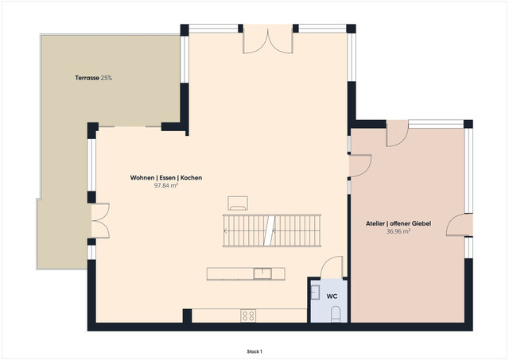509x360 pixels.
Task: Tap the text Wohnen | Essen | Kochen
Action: pos(166,178)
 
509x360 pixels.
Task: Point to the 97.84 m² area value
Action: pos(166,186)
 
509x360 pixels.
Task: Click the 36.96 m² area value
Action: pos(398,232)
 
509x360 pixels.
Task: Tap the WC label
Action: pos(332,296)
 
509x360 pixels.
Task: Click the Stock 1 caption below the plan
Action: pos(254,350)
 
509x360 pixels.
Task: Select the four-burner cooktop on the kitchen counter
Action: pos(248,315)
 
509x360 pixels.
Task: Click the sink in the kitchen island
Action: pos(262,274)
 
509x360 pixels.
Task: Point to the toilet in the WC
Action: pos(335,315)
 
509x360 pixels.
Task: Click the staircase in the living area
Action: pos(271,230)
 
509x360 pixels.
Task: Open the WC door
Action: pos(332,267)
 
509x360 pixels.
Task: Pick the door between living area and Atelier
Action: pos(360,165)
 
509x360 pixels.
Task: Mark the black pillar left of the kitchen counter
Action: pos(188,315)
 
